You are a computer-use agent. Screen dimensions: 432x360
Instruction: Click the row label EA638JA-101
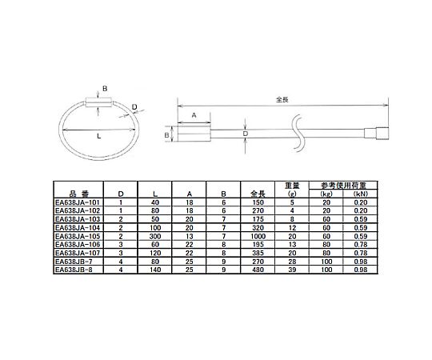(77, 202)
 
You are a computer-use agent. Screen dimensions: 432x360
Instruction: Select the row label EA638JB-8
(74, 270)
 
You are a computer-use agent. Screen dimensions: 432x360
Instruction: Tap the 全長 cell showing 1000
(258, 236)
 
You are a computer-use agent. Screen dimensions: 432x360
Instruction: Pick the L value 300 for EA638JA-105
(155, 236)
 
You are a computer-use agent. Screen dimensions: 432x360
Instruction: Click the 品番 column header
(78, 194)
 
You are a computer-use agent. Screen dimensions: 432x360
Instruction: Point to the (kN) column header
(360, 194)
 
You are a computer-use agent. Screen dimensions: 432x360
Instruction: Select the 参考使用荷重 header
(343, 185)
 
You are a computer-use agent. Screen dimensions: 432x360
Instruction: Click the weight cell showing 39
(292, 270)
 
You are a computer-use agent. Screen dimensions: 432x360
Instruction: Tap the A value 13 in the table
(190, 236)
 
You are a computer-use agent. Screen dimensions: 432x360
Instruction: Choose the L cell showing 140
(155, 270)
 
